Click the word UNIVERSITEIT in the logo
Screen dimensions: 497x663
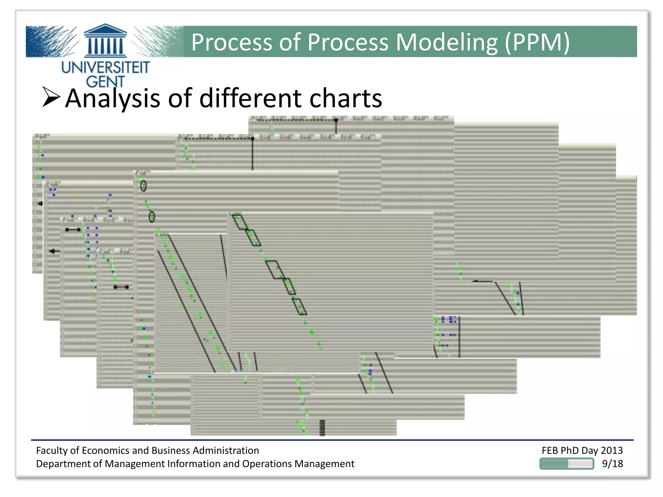105,67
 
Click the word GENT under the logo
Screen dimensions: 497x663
105,81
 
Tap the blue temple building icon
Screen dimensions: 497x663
105,40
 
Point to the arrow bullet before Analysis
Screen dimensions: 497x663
51,97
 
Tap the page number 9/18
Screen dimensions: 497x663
612,464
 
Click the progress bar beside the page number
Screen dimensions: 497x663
567,464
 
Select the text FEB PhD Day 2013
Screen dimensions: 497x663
582,450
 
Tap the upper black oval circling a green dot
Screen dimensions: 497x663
143,186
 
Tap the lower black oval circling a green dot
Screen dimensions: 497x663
152,217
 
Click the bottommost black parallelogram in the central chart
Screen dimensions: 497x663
299,307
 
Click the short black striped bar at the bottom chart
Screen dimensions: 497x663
322,428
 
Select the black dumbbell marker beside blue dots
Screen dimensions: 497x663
73,230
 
